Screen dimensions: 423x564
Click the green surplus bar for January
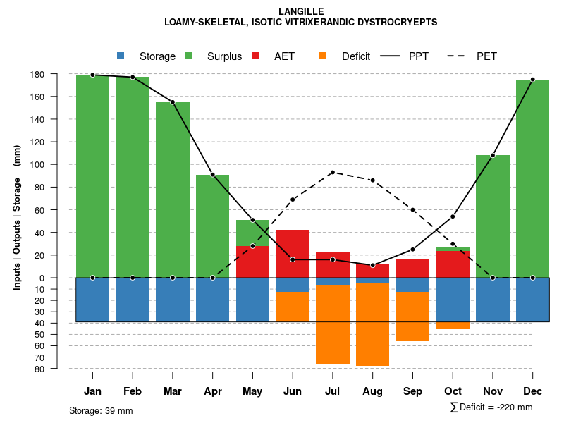coord(92,176)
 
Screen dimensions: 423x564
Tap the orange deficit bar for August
coord(372,324)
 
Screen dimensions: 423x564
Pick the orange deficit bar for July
coord(333,324)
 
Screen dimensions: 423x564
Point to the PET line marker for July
coord(333,172)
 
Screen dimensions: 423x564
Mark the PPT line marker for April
coord(212,174)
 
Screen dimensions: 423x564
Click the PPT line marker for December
coord(532,80)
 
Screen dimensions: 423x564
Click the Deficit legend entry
coord(345,56)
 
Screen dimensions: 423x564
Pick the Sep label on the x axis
coord(412,391)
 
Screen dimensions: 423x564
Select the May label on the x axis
coord(252,391)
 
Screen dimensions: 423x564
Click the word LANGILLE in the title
coord(301,11)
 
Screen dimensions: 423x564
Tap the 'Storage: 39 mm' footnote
coord(101,410)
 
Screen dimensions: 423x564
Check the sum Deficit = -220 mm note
coord(491,407)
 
